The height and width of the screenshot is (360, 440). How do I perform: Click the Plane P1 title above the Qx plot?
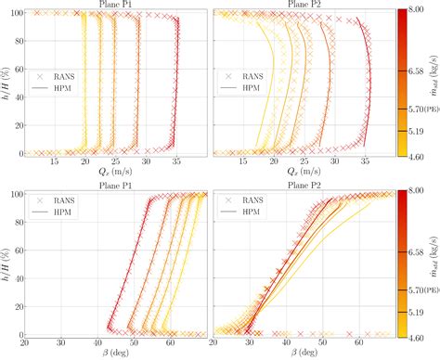click(115, 5)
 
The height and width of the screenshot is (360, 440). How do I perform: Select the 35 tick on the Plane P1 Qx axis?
click(176, 161)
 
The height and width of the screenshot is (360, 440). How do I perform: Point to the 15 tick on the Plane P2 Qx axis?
click(237, 161)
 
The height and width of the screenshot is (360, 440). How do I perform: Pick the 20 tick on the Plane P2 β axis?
click(215, 342)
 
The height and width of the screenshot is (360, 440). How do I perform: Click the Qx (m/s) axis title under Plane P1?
click(115, 172)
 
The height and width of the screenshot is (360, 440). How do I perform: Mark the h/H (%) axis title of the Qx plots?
click(6, 82)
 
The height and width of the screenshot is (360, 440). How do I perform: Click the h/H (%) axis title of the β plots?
click(6, 263)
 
